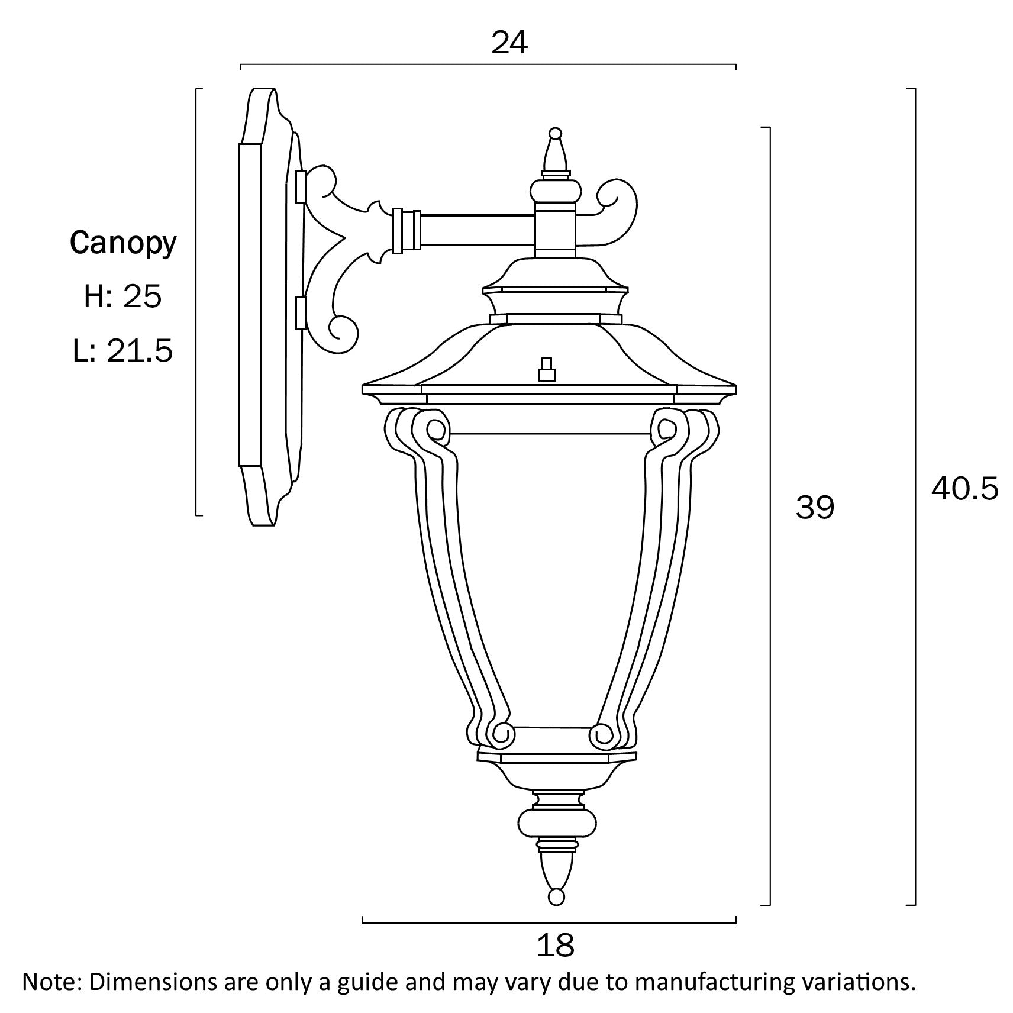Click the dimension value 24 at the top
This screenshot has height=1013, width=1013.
(509, 43)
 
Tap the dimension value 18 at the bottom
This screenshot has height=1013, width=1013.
(555, 945)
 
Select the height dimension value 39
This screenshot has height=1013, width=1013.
(814, 508)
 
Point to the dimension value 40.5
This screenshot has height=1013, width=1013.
(964, 489)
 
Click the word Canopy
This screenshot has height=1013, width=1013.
(123, 243)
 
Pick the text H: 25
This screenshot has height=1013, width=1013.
(122, 296)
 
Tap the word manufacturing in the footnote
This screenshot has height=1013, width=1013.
(704, 982)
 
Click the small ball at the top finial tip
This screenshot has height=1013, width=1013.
(555, 133)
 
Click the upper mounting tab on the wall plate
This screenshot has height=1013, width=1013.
(300, 186)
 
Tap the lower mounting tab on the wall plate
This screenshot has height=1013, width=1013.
(300, 312)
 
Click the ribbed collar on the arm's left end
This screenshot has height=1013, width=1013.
(406, 231)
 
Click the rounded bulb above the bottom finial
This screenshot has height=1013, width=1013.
(556, 822)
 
